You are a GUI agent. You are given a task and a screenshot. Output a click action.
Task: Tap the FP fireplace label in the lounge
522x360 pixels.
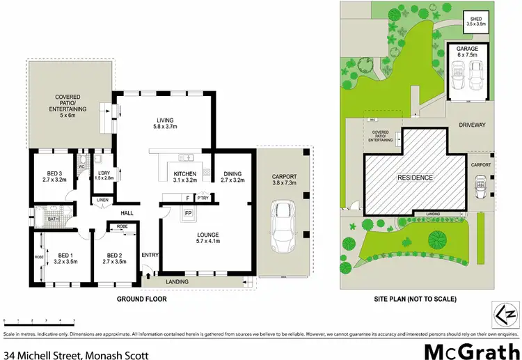[188, 212]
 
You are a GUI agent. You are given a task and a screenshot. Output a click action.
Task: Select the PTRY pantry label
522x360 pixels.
[203, 198]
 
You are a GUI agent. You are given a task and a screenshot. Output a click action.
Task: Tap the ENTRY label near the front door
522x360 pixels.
[150, 255]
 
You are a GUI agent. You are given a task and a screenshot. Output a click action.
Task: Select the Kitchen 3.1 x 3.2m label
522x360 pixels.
[186, 176]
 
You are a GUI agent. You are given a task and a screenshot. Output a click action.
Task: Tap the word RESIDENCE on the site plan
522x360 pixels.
[416, 178]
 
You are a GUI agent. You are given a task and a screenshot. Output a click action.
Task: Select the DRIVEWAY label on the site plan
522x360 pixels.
[472, 126]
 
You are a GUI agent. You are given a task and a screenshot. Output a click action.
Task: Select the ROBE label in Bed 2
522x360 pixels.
[122, 227]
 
